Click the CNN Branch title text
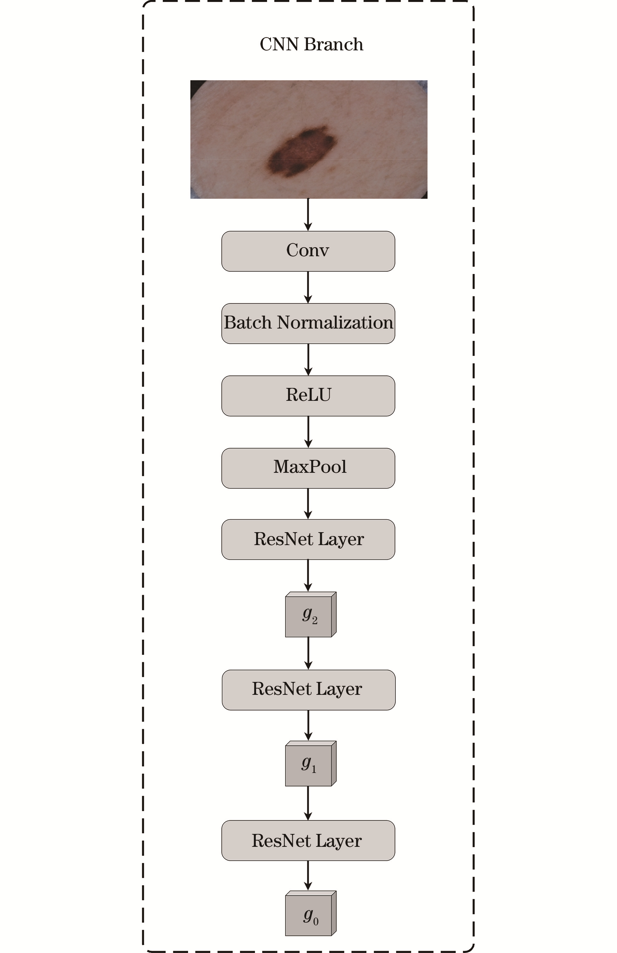[311, 44]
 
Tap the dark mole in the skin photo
[301, 151]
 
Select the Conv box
[308, 251]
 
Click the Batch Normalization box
[308, 323]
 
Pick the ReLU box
[308, 396]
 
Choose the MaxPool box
[308, 468]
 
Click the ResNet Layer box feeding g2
[308, 539]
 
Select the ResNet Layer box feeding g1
[308, 690]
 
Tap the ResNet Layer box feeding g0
[308, 840]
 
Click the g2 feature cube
[311, 614]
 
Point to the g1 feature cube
[311, 764]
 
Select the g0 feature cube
[311, 913]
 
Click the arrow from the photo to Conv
[308, 215]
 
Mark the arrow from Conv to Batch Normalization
[308, 287]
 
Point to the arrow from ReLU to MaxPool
[308, 432]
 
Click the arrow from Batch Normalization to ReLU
[308, 360]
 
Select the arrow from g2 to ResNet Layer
[308, 654]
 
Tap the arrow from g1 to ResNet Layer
[308, 803]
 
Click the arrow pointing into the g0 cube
[308, 876]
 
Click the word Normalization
[335, 323]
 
